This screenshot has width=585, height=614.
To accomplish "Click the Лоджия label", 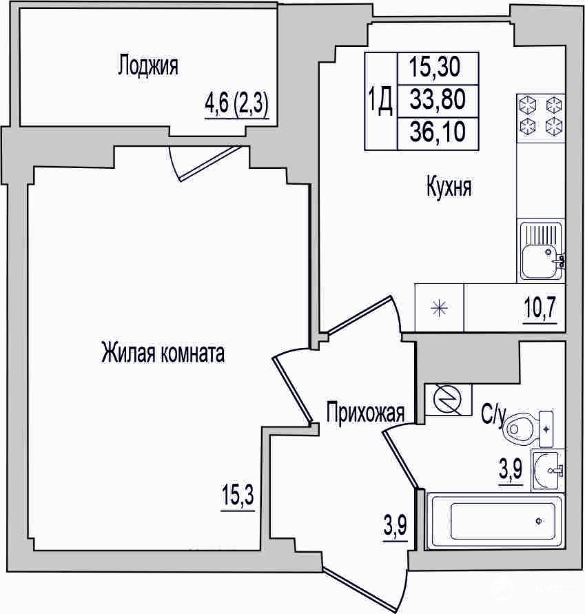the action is click(x=148, y=65).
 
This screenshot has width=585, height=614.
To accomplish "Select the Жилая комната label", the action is click(x=163, y=352).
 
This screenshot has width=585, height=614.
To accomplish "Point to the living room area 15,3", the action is click(x=238, y=495).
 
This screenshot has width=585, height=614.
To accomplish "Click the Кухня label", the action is click(x=449, y=186).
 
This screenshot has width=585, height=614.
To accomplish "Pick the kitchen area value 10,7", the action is click(x=540, y=307).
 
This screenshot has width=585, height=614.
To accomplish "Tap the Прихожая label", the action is click(x=365, y=413).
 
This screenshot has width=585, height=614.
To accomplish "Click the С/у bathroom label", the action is click(x=493, y=415).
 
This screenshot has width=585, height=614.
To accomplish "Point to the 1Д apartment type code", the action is click(x=380, y=101).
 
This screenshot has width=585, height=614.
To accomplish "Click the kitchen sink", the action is click(x=542, y=251).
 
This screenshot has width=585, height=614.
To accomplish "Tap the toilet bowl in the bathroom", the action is click(x=517, y=429).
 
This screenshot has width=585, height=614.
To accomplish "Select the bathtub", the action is click(x=495, y=521).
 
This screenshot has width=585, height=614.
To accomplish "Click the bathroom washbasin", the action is click(x=548, y=470).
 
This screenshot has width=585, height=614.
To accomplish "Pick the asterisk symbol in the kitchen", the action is click(x=439, y=308).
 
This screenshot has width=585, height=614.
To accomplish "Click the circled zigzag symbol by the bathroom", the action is click(x=449, y=400).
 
